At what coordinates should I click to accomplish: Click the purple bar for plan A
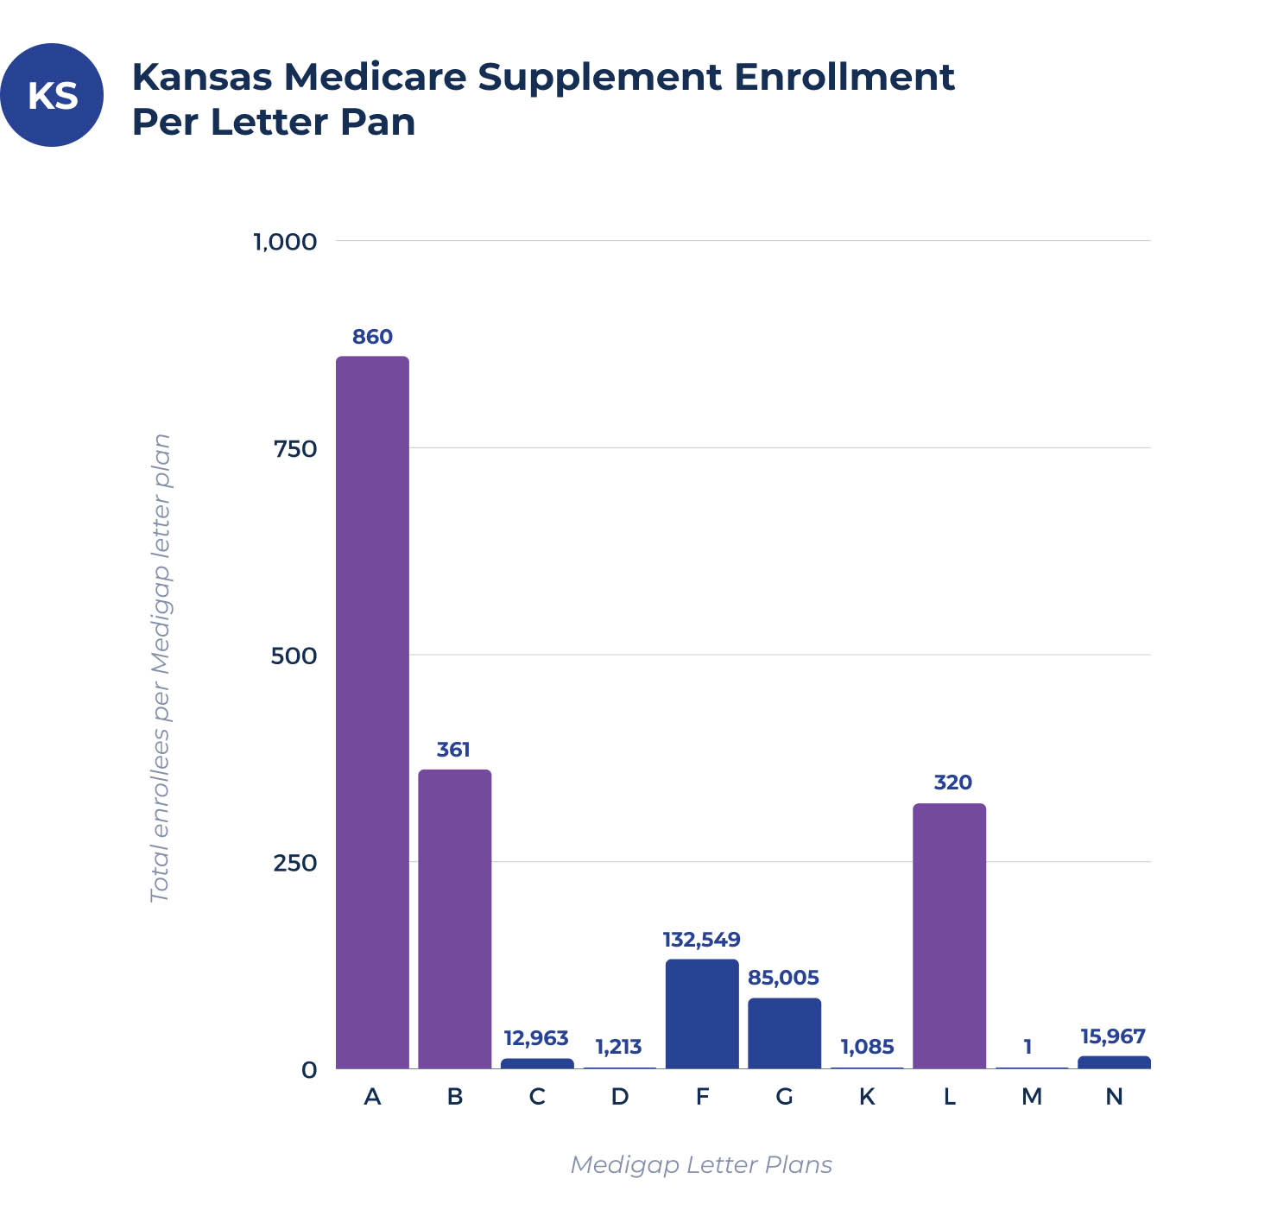click(372, 713)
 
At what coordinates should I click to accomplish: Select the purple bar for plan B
click(454, 919)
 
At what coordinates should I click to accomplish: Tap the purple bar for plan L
click(949, 936)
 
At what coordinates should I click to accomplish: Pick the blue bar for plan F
click(702, 1014)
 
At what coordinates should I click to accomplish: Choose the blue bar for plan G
click(784, 1033)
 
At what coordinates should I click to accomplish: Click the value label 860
click(372, 337)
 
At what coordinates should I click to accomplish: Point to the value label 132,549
click(701, 940)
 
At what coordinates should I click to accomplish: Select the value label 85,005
click(783, 978)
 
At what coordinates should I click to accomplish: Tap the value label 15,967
click(1113, 1036)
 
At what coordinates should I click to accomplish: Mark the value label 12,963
click(536, 1038)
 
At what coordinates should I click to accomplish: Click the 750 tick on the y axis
click(295, 449)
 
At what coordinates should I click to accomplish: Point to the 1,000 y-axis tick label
click(285, 242)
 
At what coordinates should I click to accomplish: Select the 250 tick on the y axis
click(295, 863)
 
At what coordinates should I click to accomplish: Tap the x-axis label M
click(1032, 1097)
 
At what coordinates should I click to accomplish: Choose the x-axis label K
click(867, 1097)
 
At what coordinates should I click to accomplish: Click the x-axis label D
click(619, 1097)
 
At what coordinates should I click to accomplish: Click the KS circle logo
click(52, 95)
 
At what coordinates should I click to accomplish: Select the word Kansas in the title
click(201, 77)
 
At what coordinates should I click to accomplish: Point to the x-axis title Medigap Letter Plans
click(701, 1165)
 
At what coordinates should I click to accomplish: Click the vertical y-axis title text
click(161, 668)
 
